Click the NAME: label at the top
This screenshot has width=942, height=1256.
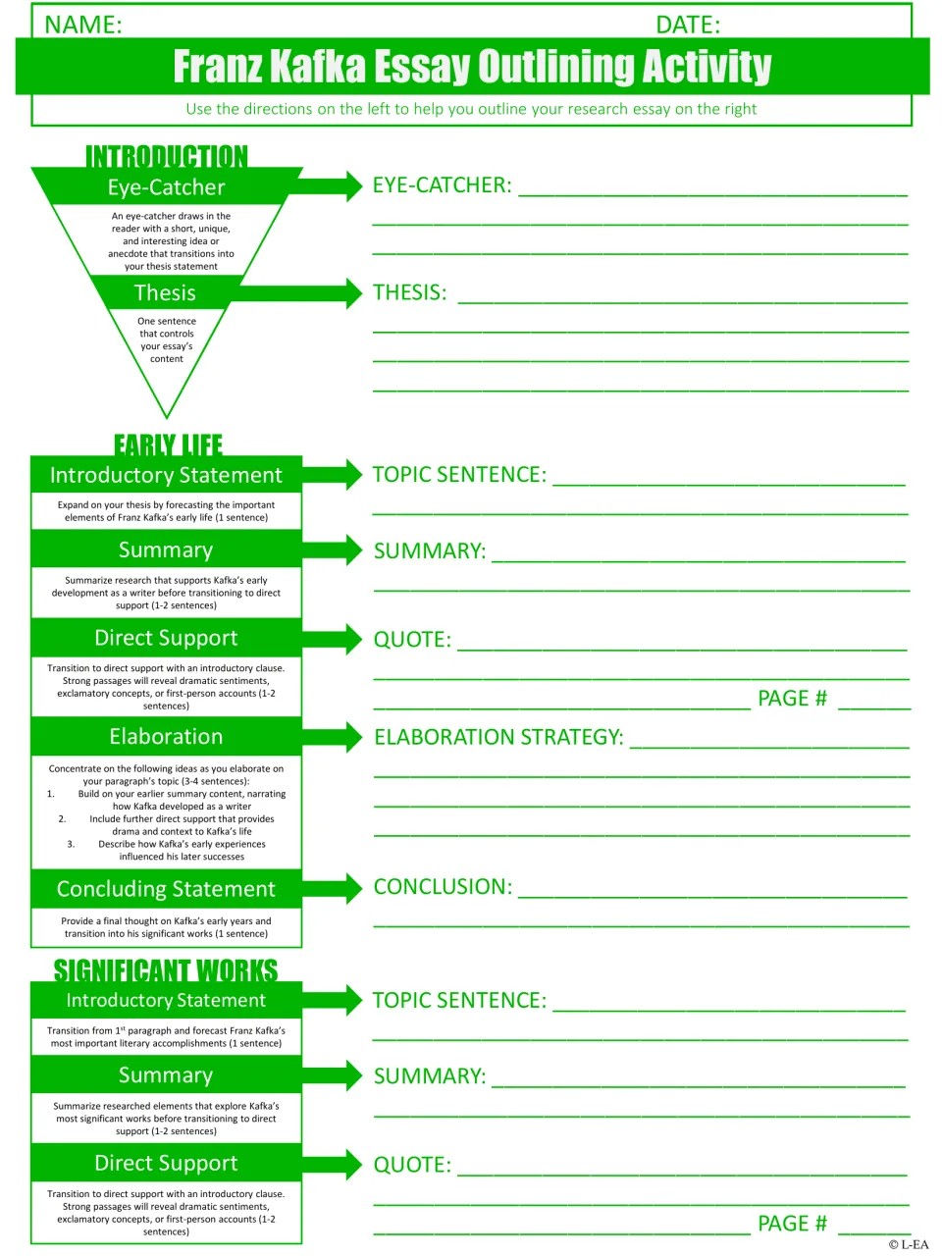(83, 25)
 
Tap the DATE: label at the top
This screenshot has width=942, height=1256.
(688, 25)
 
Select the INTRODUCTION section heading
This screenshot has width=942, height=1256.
(167, 156)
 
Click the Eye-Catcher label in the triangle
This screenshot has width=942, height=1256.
(167, 187)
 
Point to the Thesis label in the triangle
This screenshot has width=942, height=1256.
(165, 292)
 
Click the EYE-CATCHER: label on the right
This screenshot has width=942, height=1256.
(442, 184)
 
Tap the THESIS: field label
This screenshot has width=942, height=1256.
(409, 292)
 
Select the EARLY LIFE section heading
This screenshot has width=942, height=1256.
(168, 445)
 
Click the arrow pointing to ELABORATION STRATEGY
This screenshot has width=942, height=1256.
(333, 737)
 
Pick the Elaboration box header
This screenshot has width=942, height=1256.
(166, 737)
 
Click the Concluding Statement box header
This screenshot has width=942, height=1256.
(166, 889)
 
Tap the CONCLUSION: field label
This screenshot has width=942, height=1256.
(443, 886)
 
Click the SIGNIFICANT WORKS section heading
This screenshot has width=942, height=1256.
(166, 971)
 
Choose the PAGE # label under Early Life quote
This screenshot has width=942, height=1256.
(792, 698)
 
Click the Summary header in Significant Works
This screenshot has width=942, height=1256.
(166, 1075)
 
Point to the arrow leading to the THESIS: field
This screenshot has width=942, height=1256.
(298, 293)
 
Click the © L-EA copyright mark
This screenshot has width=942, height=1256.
(909, 1244)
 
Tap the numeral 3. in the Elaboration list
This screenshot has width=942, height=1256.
(71, 844)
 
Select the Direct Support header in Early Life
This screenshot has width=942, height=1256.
(166, 638)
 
